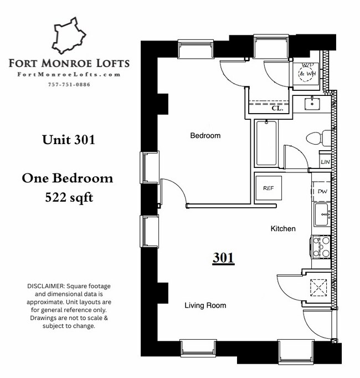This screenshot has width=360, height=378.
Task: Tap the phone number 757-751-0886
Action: tap(69, 85)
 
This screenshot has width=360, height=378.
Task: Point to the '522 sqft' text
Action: tap(68, 197)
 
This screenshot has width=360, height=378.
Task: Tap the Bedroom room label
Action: tap(205, 136)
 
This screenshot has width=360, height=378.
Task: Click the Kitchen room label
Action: tap(282, 228)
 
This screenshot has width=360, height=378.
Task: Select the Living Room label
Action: tap(205, 305)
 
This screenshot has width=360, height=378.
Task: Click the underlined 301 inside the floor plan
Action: tap(223, 258)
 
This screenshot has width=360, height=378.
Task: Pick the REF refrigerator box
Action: tap(269, 188)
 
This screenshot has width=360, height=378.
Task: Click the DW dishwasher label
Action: tap(322, 191)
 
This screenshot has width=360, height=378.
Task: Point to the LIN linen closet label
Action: tap(325, 162)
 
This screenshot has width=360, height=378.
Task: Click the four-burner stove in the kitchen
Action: tap(321, 247)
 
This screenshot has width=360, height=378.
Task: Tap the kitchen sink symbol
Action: tap(321, 214)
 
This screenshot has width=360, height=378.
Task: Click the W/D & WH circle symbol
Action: tap(306, 74)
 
